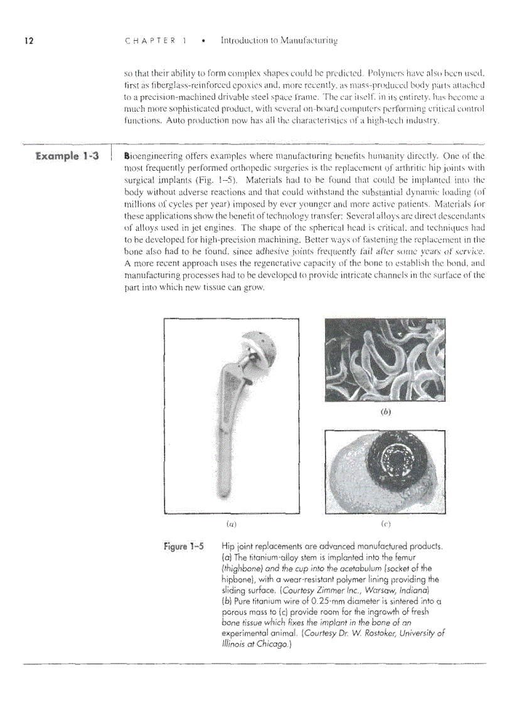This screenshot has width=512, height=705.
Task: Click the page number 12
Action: coord(28,41)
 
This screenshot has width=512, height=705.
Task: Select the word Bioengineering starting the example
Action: coord(152,156)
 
